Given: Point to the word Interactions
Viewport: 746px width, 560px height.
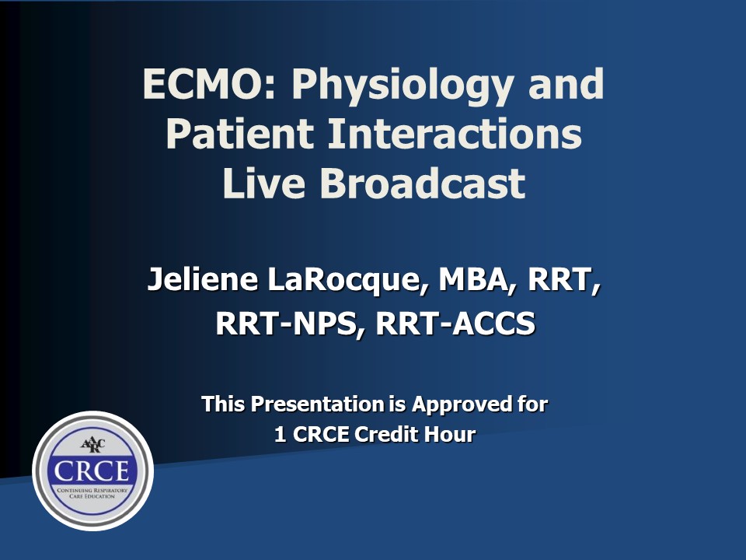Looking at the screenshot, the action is (x=455, y=133).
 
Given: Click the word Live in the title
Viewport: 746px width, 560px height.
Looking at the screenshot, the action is (x=263, y=183).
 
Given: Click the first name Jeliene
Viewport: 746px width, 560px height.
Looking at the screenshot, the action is (x=203, y=279).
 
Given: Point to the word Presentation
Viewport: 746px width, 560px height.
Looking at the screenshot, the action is (x=317, y=404).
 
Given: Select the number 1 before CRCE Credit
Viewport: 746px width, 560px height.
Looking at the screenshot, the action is (x=281, y=434).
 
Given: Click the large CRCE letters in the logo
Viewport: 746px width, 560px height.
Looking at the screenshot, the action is (x=92, y=471).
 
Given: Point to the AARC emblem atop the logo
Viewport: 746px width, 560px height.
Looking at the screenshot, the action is (x=92, y=445).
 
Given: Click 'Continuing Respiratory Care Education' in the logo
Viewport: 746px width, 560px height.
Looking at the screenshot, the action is (x=92, y=493).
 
